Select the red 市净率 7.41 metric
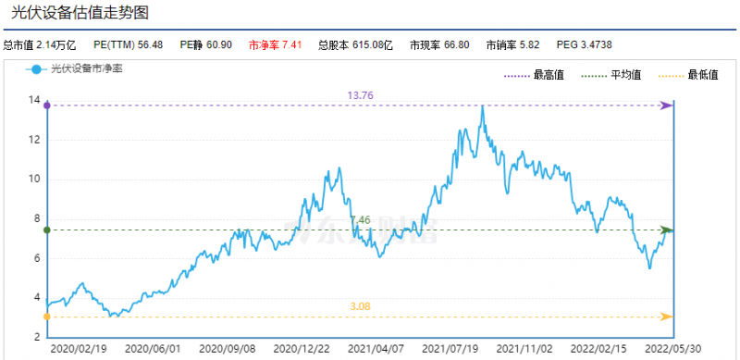point(277,44)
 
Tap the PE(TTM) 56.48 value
point(129,44)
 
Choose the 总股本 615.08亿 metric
point(356,44)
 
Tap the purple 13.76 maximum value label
point(360,95)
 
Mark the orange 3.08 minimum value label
point(362,306)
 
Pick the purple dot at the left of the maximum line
point(47,106)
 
